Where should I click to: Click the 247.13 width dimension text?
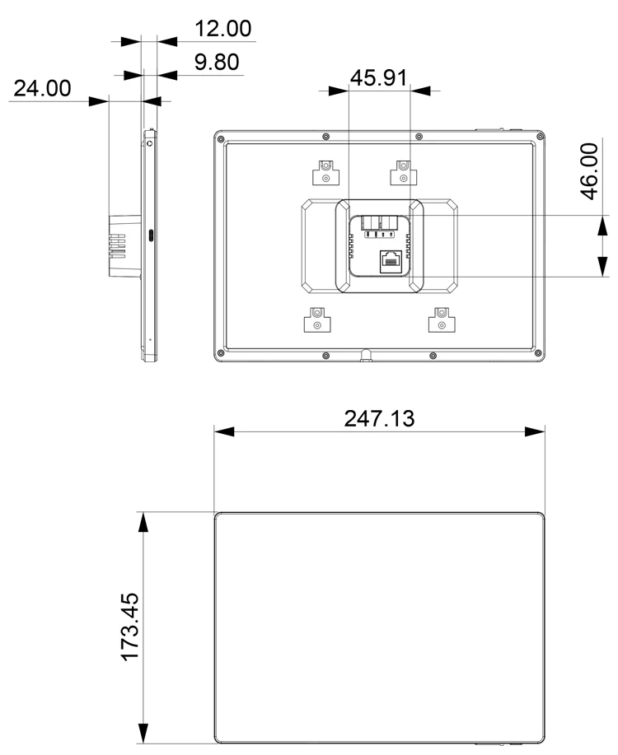(x=380, y=417)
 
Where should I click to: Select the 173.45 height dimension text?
(x=130, y=627)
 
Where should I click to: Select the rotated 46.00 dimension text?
(x=588, y=171)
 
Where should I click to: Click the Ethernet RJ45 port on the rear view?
(x=390, y=261)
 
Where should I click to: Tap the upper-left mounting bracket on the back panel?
(x=325, y=173)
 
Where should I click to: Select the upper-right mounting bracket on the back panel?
(x=402, y=173)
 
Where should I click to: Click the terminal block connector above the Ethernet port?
(x=380, y=223)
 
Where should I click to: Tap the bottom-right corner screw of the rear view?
(x=540, y=355)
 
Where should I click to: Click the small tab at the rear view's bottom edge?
(x=363, y=356)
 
